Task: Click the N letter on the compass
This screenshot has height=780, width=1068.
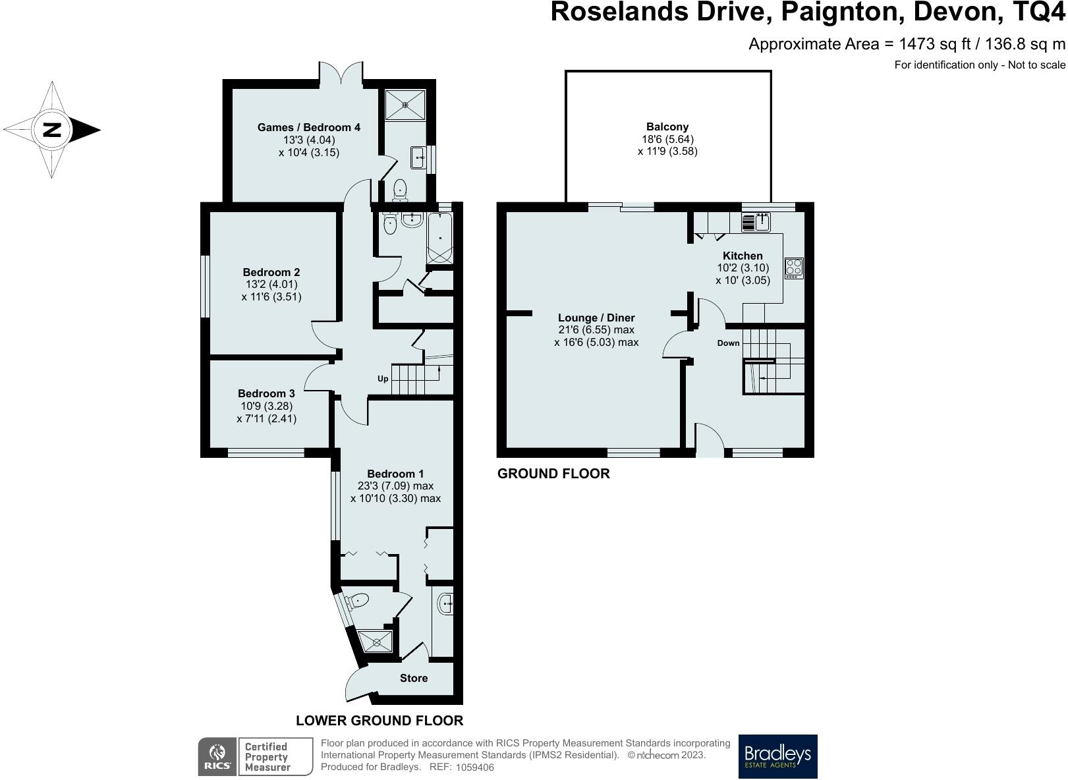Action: coord(52,130)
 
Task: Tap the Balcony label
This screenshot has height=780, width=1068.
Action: coord(667,127)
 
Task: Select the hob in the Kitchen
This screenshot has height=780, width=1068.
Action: coord(794,268)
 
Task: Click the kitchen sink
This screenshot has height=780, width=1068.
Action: coord(756,223)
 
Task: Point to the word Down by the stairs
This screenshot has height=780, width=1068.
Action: coord(728,343)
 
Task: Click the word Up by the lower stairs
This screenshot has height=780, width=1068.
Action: coord(383,379)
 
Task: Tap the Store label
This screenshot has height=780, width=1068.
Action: coord(413,678)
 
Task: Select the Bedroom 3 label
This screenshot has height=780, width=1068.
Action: coord(266,393)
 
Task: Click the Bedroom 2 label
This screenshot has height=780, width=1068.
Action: coord(271,272)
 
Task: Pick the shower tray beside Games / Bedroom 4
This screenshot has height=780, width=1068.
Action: coord(405,104)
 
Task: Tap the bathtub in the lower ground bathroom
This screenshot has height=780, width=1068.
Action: coord(440,238)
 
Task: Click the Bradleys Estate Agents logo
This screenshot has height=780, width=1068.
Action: coord(777,756)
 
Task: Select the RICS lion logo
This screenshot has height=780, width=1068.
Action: coord(217,757)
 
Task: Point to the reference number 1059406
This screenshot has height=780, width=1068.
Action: coord(475,767)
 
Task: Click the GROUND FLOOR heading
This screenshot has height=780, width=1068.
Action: coord(553,474)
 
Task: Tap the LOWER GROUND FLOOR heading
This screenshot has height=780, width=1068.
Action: coord(379,721)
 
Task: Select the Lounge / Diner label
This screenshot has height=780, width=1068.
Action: coord(596,318)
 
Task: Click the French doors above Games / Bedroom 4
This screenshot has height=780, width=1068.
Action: coord(341,74)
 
